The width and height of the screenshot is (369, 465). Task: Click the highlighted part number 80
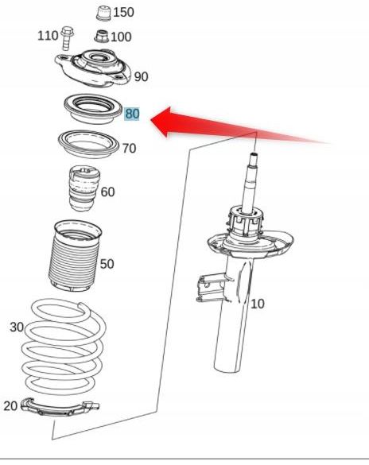(132, 114)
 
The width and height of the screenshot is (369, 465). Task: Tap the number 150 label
(124, 12)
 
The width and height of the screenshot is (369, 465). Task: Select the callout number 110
(48, 36)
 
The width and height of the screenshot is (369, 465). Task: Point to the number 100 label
(121, 37)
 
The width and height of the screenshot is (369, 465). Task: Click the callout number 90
(142, 77)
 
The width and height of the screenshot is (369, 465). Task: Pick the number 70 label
(130, 149)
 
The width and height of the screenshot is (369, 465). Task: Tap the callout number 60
(107, 192)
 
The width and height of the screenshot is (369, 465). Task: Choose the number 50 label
(107, 264)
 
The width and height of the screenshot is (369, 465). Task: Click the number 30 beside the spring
(17, 327)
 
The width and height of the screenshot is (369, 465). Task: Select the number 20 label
(10, 406)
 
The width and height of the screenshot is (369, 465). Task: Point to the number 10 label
(257, 304)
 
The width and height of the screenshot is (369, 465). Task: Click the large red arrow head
(161, 122)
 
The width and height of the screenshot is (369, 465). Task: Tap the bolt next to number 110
(68, 38)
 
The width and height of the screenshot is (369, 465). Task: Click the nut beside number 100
(102, 37)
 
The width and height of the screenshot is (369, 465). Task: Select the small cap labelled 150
(104, 14)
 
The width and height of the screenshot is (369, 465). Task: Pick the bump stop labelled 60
(84, 188)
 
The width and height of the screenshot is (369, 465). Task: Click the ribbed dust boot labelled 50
(75, 256)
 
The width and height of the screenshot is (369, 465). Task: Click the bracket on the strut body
(212, 289)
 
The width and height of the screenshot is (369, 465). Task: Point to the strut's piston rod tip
(254, 154)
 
